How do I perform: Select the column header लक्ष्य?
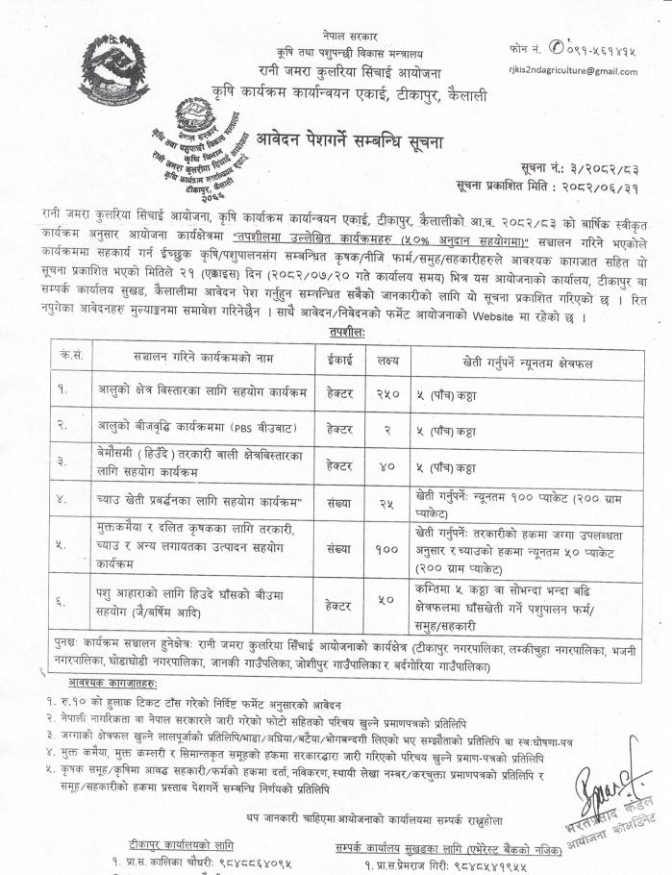[388, 355]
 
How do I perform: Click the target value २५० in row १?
[388, 392]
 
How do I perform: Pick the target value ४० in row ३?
[388, 465]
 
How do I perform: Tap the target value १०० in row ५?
[388, 547]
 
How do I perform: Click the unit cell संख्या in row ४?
[340, 501]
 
